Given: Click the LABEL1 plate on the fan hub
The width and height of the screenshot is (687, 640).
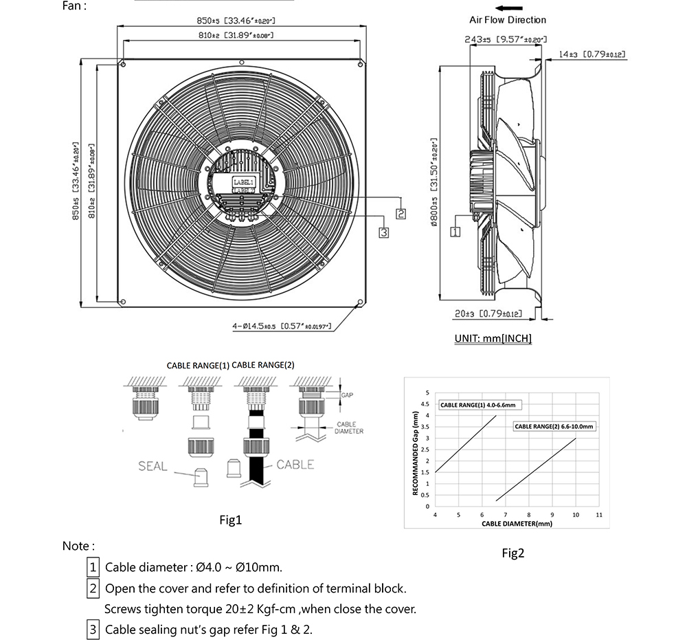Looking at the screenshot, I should tap(243, 182).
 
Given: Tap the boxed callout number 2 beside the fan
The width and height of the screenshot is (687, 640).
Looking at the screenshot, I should tap(401, 214).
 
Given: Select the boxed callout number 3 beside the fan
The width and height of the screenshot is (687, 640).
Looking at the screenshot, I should tap(384, 232).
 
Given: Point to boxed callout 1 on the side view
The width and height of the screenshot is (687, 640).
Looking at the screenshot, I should tap(455, 232).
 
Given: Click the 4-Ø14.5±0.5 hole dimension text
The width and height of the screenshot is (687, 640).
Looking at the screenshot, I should tap(282, 326).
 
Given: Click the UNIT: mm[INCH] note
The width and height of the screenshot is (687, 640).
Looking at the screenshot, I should tap(493, 338).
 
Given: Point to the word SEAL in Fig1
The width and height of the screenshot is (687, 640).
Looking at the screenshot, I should tap(153, 466).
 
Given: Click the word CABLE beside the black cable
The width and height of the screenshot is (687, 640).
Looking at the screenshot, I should tap(295, 465).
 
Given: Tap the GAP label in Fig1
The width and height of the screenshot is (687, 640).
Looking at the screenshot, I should tap(346, 395).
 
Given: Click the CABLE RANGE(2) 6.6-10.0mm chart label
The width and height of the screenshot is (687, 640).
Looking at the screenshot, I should tap(554, 426).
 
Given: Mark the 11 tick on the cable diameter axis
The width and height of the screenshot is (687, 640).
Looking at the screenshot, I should tap(599, 514).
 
